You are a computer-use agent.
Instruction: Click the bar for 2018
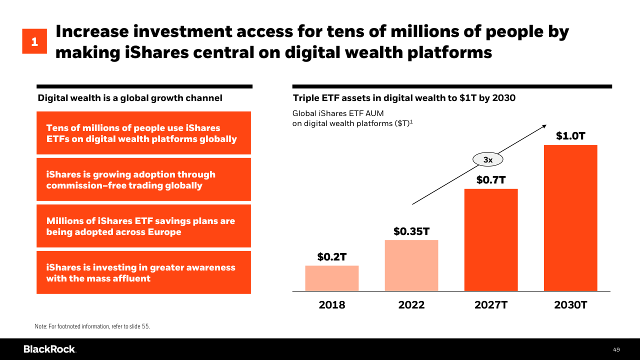pos(332,278)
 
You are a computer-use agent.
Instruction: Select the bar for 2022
pos(411,265)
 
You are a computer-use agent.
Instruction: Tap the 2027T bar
pos(491,239)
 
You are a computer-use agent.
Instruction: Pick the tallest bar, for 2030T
pos(570,218)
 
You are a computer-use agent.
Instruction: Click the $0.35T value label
pos(411,231)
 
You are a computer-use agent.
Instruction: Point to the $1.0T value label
pos(570,136)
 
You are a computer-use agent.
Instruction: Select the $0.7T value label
pos(491,179)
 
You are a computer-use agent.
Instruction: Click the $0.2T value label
pos(332,257)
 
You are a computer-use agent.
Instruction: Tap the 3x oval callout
pos(488,160)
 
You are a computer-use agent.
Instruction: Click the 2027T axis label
pos(491,305)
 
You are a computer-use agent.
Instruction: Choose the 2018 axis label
pos(332,305)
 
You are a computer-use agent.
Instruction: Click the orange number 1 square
pos(34,41)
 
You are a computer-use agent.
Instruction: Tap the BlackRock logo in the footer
pos(49,349)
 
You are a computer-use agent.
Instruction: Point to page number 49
pos(616,349)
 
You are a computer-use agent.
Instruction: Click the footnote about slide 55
pos(92,326)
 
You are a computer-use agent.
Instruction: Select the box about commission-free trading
pos(143,180)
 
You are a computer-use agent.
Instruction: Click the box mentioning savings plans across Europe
pos(143,226)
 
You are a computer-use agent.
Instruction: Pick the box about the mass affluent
pos(143,272)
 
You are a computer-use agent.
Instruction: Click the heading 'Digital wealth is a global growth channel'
pos(130,98)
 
